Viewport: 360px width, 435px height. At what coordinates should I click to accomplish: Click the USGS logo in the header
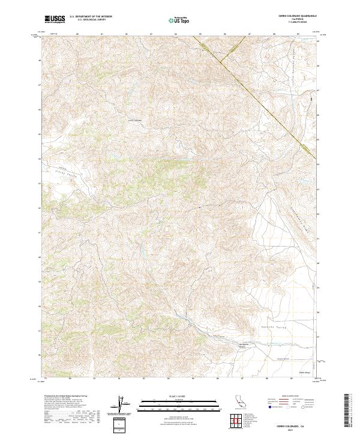pyautogui.click(x=55, y=20)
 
